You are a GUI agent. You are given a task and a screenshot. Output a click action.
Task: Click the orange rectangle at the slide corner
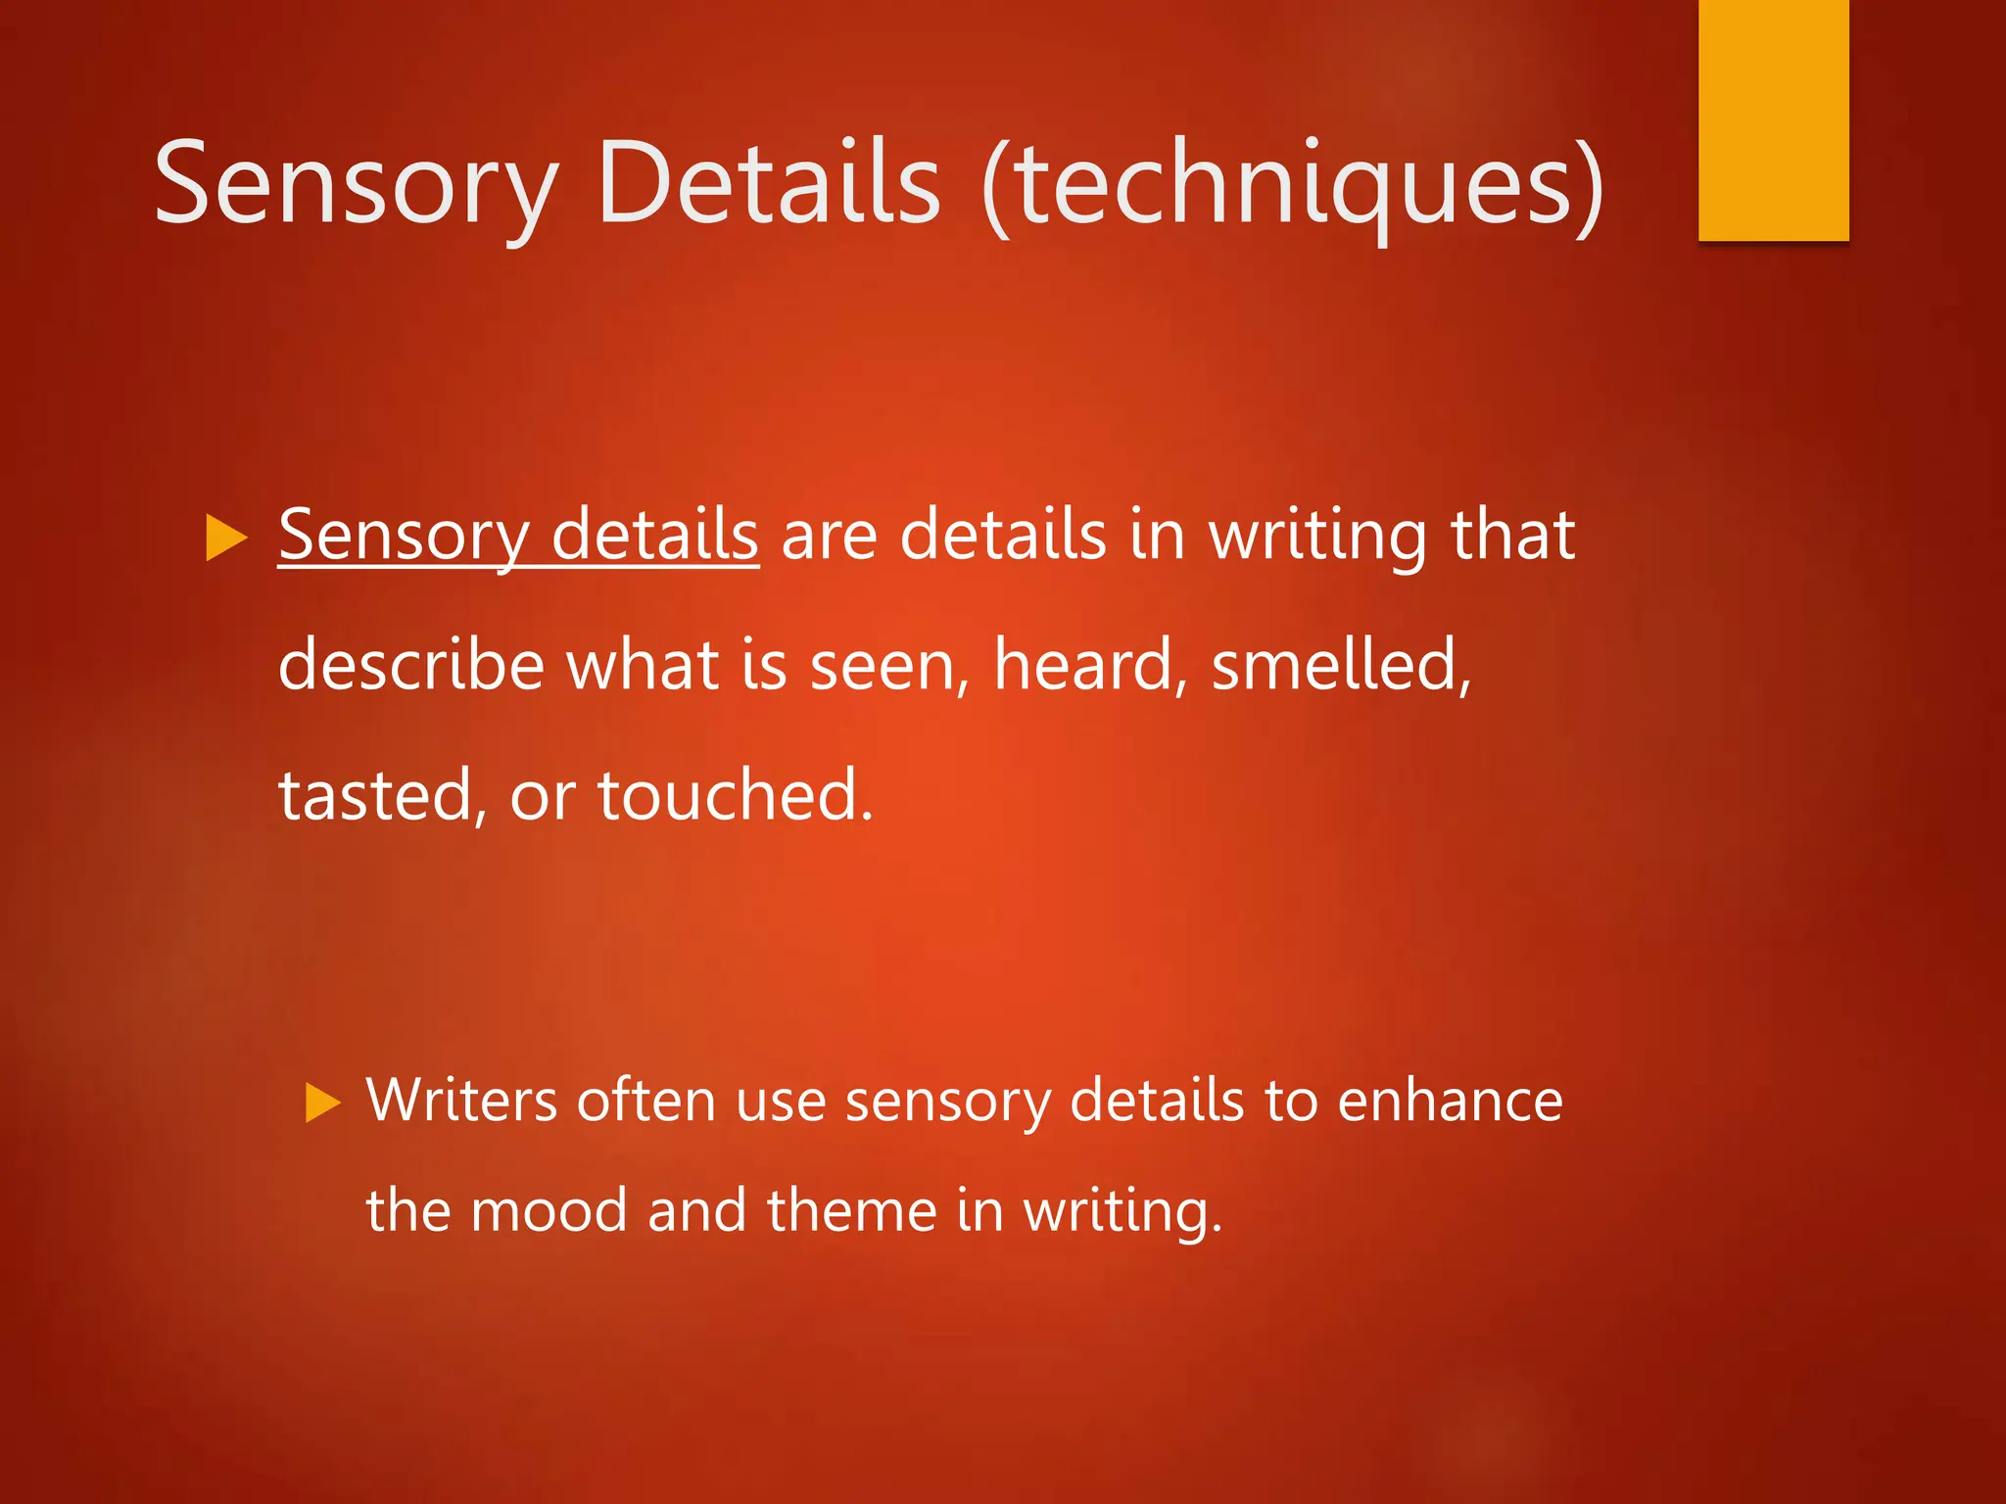click(x=1773, y=119)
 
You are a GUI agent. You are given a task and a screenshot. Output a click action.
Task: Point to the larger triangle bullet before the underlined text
click(x=226, y=539)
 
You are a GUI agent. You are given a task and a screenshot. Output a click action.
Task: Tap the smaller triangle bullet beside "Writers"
click(x=322, y=1103)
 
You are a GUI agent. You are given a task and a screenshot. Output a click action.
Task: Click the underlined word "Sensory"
click(x=404, y=537)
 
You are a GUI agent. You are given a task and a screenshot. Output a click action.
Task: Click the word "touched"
click(x=735, y=795)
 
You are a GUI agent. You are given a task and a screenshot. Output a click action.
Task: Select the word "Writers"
click(x=462, y=1101)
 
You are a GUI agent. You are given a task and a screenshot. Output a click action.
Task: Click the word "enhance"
click(x=1450, y=1101)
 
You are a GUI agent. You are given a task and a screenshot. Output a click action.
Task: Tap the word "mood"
click(x=549, y=1210)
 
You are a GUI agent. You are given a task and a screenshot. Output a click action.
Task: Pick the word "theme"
click(x=852, y=1210)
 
